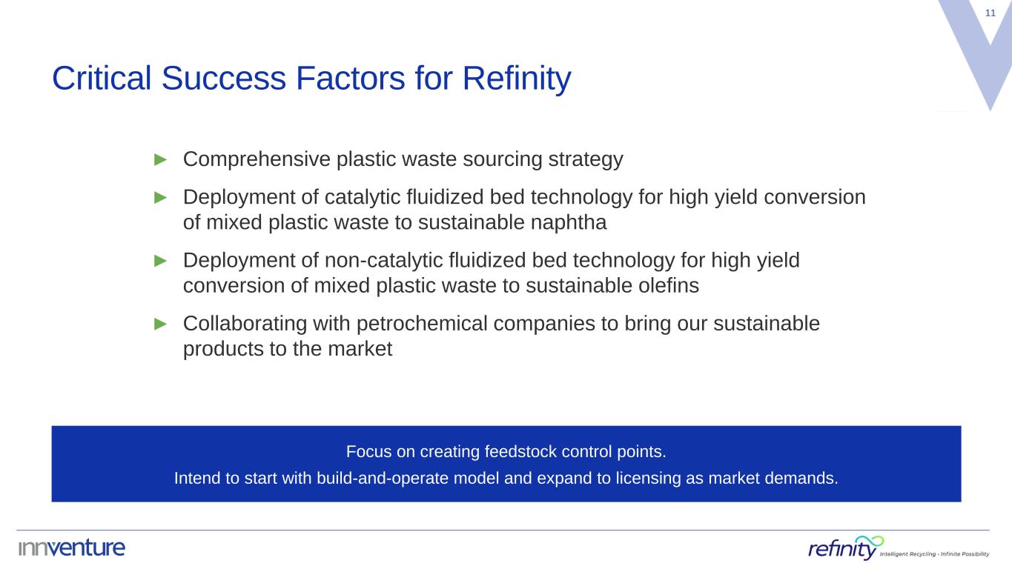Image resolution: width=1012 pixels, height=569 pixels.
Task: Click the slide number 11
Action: (990, 13)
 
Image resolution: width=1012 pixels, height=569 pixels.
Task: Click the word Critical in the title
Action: (102, 78)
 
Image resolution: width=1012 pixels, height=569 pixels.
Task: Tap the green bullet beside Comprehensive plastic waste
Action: (160, 159)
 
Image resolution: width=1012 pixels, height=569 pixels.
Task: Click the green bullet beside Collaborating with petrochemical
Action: (160, 324)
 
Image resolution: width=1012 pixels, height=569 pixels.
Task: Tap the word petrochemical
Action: (422, 325)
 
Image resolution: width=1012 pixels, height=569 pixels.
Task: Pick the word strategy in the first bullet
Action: (586, 159)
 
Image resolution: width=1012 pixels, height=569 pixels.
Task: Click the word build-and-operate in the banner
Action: (383, 478)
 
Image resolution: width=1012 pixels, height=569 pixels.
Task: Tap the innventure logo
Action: (72, 548)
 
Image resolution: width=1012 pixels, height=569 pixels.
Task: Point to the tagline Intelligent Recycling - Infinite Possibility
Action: (934, 554)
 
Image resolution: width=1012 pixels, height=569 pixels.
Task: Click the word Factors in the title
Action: (350, 78)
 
